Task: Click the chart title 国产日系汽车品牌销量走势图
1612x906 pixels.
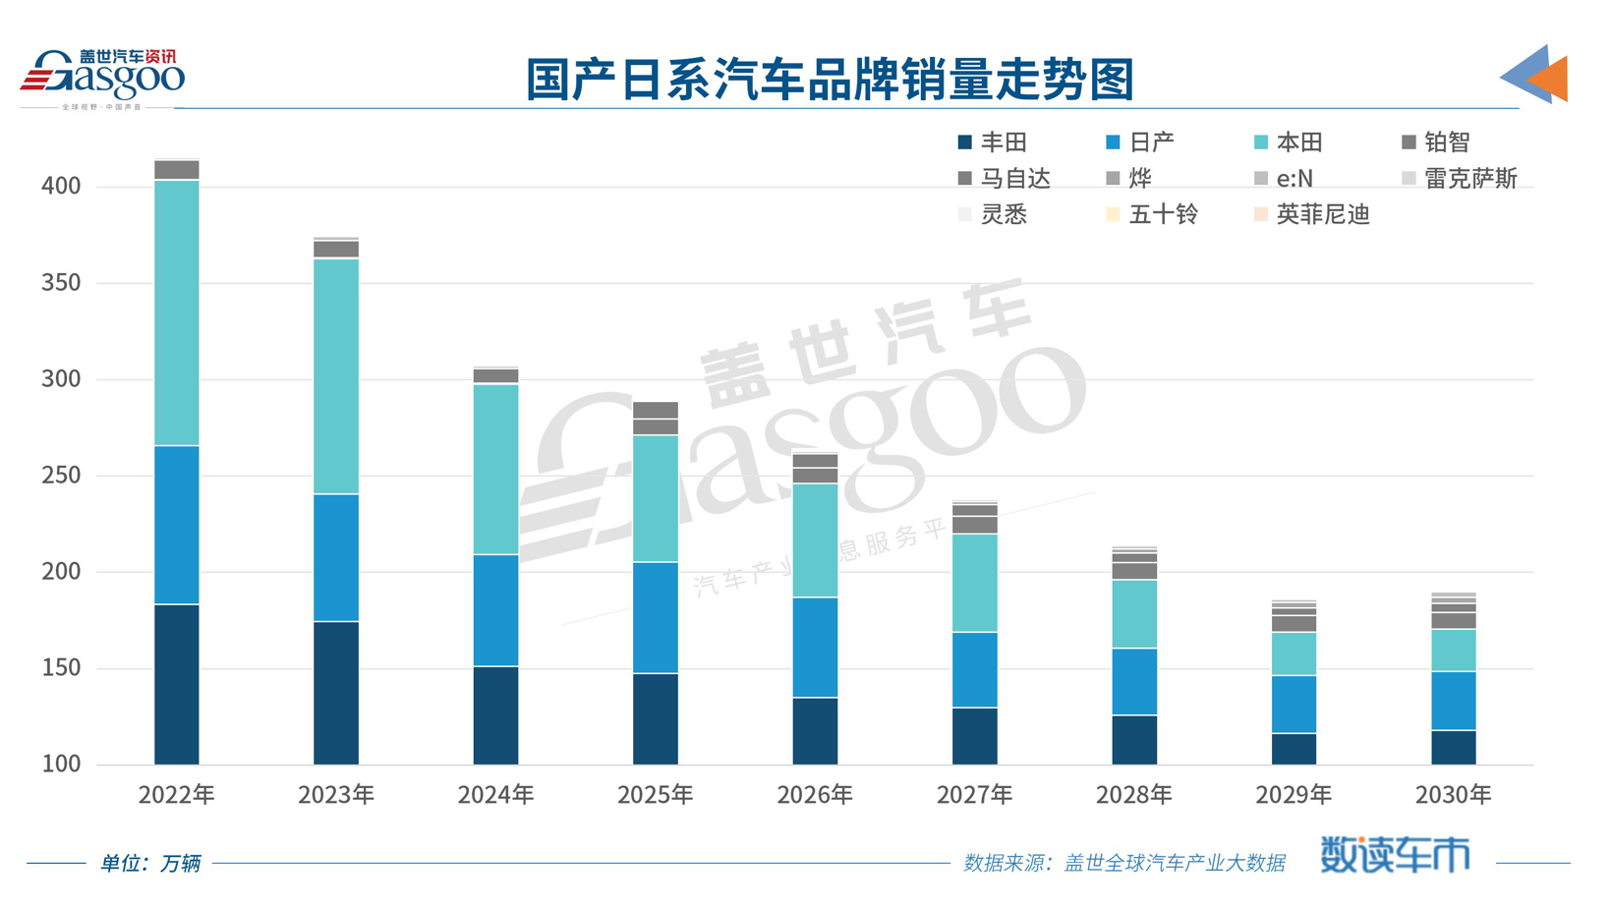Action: [830, 80]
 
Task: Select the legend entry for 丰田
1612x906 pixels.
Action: [993, 142]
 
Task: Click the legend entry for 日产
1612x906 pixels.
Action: [1140, 142]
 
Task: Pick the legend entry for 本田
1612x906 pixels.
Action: [1289, 142]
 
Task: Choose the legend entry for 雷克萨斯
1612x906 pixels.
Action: [1460, 179]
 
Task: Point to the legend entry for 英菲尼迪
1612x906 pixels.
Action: [1312, 214]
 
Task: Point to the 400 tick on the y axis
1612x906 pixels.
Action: [61, 186]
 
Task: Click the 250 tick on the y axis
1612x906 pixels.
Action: [61, 476]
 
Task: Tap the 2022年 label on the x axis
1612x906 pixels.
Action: [176, 794]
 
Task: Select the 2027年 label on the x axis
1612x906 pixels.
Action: [974, 794]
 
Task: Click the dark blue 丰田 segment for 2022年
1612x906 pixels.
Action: [177, 684]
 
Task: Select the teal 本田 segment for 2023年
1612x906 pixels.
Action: [336, 376]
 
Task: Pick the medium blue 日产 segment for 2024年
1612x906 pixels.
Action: [495, 610]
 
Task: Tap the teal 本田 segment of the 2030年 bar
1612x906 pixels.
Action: [1453, 651]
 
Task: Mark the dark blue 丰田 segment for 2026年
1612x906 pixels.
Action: [815, 731]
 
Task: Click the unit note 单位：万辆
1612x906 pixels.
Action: [150, 863]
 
